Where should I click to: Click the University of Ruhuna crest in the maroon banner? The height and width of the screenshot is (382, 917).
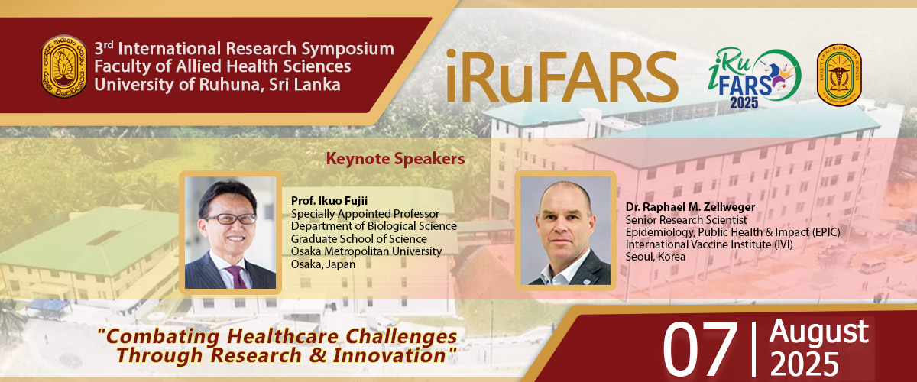pyautogui.click(x=64, y=66)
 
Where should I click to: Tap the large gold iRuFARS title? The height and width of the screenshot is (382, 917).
pyautogui.click(x=562, y=76)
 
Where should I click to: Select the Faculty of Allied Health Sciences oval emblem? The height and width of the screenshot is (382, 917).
pyautogui.click(x=839, y=75)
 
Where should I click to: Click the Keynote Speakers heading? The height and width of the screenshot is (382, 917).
pyautogui.click(x=395, y=159)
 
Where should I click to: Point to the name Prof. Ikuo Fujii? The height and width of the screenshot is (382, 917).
pyautogui.click(x=329, y=201)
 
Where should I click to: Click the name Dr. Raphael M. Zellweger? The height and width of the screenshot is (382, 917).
pyautogui.click(x=690, y=207)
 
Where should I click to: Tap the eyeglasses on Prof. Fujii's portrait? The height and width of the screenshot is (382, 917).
pyautogui.click(x=232, y=219)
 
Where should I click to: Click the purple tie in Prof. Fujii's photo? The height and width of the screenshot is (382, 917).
pyautogui.click(x=237, y=277)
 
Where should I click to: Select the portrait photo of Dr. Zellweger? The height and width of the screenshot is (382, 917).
pyautogui.click(x=565, y=231)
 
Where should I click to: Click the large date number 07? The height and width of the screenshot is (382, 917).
pyautogui.click(x=700, y=349)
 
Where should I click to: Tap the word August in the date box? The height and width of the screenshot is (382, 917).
pyautogui.click(x=818, y=332)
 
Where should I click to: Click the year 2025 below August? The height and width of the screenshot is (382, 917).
pyautogui.click(x=805, y=364)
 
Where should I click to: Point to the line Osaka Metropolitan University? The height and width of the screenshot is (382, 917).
pyautogui.click(x=366, y=251)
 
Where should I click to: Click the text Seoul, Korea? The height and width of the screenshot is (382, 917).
pyautogui.click(x=656, y=257)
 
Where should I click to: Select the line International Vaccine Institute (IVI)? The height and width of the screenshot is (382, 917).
pyautogui.click(x=709, y=244)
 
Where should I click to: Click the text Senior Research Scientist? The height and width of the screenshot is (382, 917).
pyautogui.click(x=686, y=220)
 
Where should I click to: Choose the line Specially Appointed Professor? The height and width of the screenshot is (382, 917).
pyautogui.click(x=365, y=214)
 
